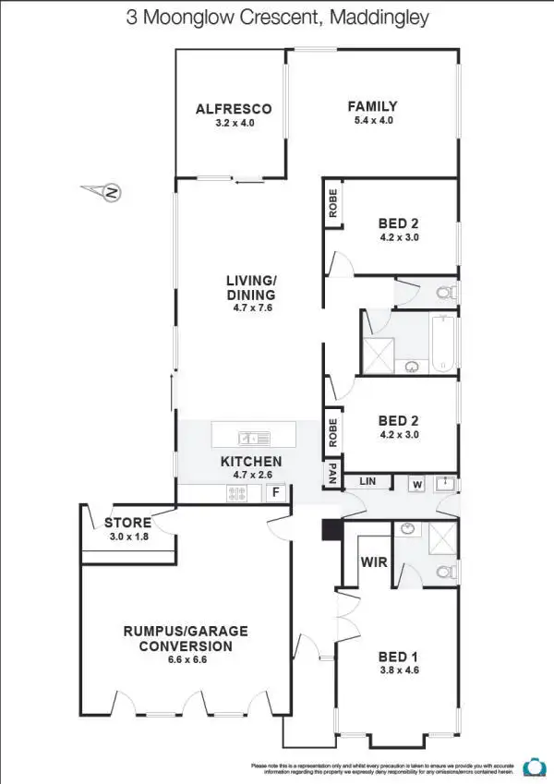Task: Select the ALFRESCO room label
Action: click(233, 108)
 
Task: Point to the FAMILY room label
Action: click(372, 105)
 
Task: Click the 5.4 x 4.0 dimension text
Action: click(372, 120)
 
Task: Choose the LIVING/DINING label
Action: click(251, 287)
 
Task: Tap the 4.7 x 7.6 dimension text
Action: click(251, 308)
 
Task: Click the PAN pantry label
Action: click(331, 475)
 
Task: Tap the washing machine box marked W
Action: click(417, 484)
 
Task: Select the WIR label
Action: click(374, 561)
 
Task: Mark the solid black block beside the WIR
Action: click(330, 531)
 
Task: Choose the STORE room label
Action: click(127, 522)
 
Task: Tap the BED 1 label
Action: click(399, 657)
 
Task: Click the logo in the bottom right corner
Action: click(532, 766)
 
